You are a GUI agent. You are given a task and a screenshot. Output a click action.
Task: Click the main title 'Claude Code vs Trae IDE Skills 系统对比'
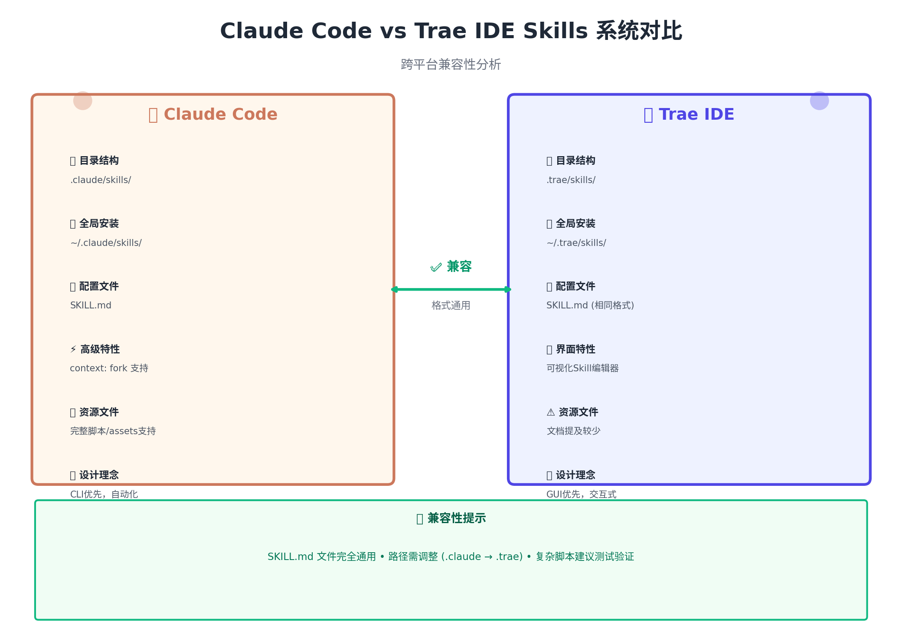click(451, 31)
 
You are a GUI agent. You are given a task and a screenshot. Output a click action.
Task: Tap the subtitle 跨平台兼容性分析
click(451, 65)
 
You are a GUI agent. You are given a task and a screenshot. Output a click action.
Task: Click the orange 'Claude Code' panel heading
click(220, 115)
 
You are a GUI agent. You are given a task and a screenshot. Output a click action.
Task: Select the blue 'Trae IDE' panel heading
click(696, 115)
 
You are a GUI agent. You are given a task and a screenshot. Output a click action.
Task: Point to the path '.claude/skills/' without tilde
click(101, 180)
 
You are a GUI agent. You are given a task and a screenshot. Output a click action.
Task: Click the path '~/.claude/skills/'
click(106, 243)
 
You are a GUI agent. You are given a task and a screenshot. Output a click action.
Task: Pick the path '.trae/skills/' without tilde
click(571, 180)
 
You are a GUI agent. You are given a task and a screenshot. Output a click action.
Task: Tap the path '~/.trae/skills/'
click(576, 243)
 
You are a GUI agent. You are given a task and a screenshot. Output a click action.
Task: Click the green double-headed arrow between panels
click(451, 289)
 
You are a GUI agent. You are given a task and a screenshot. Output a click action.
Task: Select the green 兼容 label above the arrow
click(458, 266)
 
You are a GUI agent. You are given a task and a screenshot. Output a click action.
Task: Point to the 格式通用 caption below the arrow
click(451, 306)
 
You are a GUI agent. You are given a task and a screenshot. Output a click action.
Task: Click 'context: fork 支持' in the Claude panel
click(109, 368)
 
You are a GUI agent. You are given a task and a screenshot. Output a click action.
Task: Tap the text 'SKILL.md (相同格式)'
click(590, 305)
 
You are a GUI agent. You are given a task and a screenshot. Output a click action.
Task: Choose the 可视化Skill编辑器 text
click(582, 368)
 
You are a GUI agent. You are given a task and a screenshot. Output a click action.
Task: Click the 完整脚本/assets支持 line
click(113, 431)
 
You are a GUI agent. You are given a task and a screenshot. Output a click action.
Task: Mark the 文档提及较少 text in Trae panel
click(574, 431)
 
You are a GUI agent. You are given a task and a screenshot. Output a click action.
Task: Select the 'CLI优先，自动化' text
click(104, 495)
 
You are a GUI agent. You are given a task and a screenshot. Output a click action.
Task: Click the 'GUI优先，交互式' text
click(582, 495)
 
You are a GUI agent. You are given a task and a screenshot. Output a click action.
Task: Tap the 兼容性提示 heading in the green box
click(456, 518)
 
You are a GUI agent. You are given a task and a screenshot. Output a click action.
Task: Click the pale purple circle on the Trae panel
click(819, 101)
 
